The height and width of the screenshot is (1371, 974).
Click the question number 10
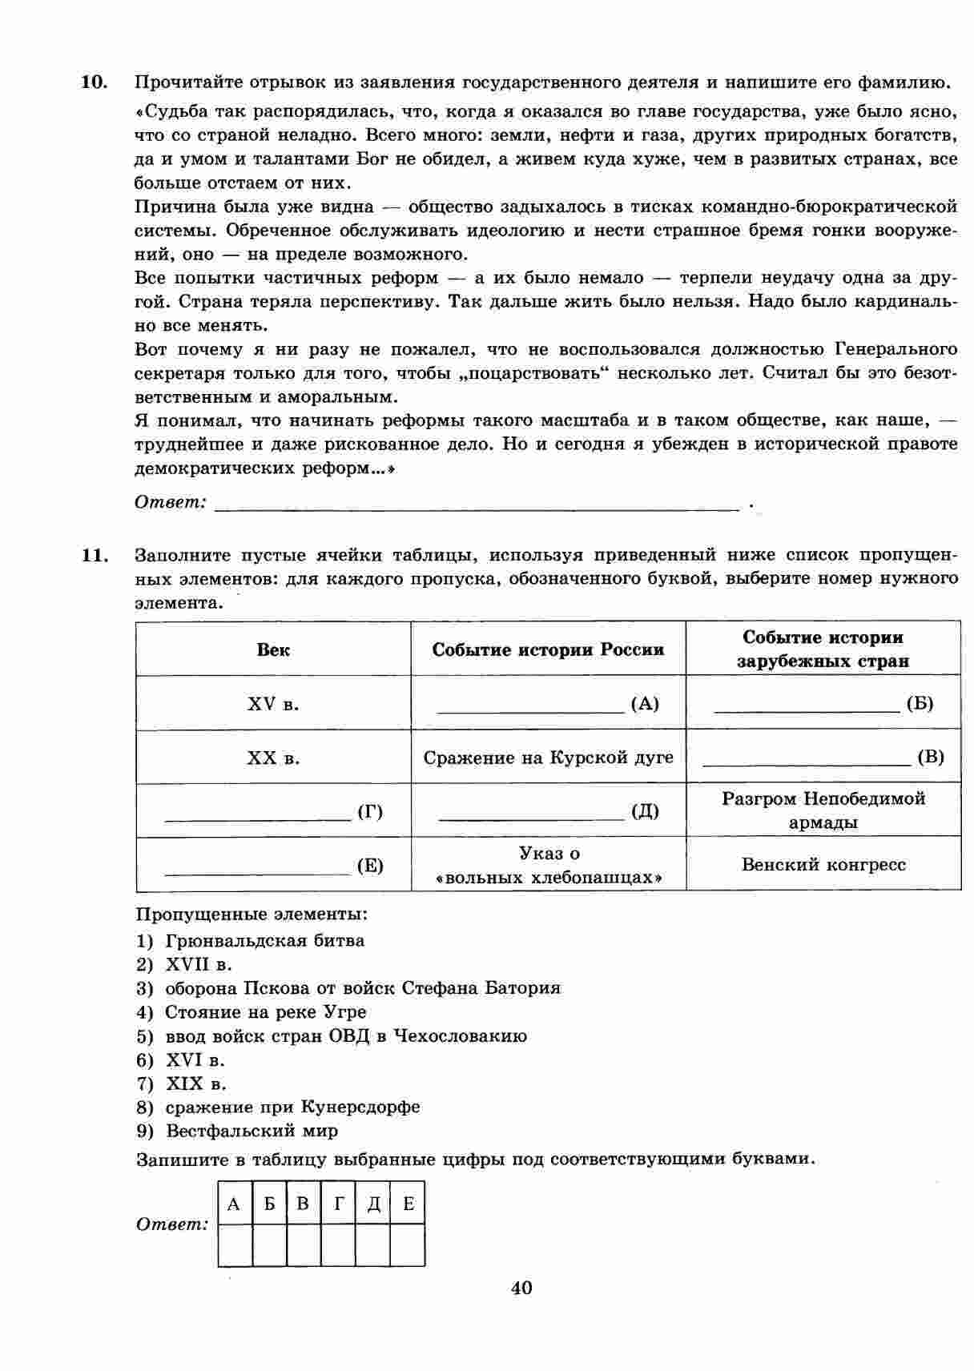95,82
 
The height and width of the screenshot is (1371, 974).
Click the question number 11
95,555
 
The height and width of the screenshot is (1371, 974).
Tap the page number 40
521,1288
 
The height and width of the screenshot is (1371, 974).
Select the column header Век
273,649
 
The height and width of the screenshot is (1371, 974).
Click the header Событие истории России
548,649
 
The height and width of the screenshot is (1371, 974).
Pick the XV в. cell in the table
273,704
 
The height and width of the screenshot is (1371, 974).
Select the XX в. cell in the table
273,758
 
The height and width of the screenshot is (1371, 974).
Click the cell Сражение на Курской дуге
548,758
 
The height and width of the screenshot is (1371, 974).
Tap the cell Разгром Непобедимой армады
823,810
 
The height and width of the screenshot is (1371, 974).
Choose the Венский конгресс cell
823,865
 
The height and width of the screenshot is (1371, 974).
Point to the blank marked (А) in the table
531,704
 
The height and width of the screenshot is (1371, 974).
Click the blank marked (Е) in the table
256,866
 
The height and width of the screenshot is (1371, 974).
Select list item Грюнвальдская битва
264,941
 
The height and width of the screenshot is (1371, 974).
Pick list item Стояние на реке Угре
265,1012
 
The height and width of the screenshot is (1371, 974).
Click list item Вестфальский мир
252,1132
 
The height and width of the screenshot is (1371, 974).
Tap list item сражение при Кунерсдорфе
292,1108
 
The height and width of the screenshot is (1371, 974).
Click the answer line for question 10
477,504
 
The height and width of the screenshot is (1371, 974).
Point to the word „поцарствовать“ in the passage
534,373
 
